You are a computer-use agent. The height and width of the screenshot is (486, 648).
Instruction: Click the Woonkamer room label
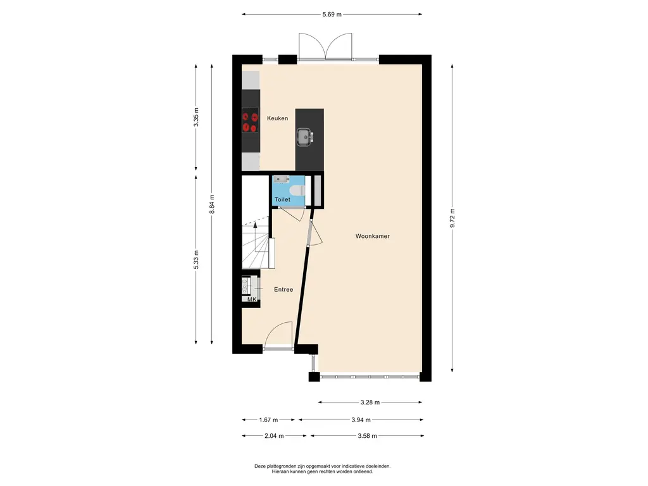[372, 237]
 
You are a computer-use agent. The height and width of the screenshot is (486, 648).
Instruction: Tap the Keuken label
[277, 118]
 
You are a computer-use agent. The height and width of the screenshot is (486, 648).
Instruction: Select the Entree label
[283, 290]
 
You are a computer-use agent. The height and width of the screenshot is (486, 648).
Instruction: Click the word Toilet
[283, 199]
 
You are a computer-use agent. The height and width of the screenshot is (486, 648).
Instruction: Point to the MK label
[252, 299]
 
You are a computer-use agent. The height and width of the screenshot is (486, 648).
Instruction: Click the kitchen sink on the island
[305, 137]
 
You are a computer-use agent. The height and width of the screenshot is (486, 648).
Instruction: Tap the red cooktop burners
[250, 120]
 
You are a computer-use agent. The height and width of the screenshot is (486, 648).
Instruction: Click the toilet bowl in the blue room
[297, 190]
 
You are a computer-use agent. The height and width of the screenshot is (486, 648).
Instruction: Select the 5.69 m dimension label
[332, 15]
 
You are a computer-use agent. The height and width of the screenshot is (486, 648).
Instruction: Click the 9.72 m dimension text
[452, 218]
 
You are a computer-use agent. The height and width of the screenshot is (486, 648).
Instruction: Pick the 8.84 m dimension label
[211, 204]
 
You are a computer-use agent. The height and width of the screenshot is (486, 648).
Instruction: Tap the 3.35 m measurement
[196, 117]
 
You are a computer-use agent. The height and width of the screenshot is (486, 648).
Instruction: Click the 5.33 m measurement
[196, 260]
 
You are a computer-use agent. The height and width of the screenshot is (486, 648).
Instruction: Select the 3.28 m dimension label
[370, 402]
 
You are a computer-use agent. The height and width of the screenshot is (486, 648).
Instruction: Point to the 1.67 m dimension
[268, 420]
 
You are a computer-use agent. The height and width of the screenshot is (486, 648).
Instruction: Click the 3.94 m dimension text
[361, 420]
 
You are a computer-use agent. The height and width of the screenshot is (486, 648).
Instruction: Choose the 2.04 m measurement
[274, 435]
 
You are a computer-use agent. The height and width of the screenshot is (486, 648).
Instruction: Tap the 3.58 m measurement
[368, 435]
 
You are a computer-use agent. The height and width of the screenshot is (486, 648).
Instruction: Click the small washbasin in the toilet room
[280, 179]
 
